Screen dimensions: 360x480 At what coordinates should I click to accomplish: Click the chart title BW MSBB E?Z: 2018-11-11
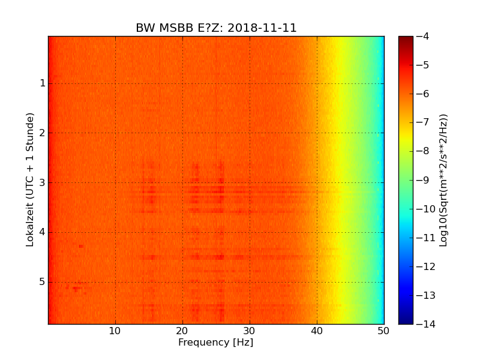[216, 28]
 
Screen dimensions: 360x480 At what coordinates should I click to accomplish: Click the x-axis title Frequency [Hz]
[215, 343]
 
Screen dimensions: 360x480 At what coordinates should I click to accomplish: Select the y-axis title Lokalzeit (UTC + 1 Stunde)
[30, 179]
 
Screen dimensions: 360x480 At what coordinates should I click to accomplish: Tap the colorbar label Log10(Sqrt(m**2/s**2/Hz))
[443, 180]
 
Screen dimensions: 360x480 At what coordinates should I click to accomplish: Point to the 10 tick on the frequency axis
[115, 331]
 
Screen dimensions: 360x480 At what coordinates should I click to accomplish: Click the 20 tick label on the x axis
[182, 331]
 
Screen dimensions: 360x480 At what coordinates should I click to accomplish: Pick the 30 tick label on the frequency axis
[250, 331]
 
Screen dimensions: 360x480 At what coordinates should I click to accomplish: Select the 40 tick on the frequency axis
[317, 331]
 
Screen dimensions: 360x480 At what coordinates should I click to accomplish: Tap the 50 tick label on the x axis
[383, 331]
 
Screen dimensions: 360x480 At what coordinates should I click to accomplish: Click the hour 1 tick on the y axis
[43, 83]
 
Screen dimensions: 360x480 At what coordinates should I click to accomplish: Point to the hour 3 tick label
[43, 183]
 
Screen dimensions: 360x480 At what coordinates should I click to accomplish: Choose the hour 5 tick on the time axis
[43, 282]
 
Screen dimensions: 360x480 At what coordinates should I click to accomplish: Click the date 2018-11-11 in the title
[262, 28]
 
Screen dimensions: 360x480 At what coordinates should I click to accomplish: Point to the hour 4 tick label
[43, 233]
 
